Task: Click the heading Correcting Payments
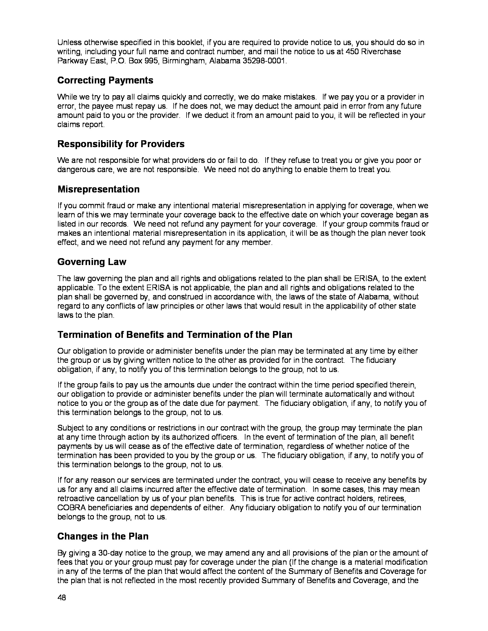point(105,80)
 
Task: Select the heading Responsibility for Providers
point(121,144)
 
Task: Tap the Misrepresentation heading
point(98,189)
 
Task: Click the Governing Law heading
point(92,262)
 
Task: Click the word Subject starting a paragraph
point(70,428)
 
